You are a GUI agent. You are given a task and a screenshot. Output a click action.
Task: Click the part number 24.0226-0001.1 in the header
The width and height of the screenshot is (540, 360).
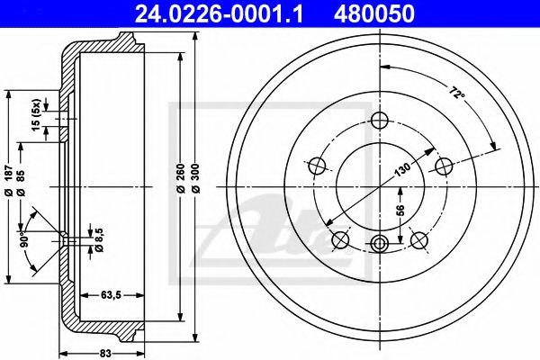(219, 14)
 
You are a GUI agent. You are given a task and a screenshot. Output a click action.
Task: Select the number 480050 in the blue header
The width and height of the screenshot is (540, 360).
(373, 14)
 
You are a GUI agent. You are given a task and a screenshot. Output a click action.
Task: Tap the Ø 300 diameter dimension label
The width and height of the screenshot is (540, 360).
(195, 178)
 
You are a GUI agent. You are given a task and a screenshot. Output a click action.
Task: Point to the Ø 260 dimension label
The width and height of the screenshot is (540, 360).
(181, 178)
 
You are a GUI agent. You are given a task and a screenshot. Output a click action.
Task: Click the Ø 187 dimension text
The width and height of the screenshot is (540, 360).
(9, 181)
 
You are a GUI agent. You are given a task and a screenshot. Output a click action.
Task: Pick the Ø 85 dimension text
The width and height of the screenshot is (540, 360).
(21, 184)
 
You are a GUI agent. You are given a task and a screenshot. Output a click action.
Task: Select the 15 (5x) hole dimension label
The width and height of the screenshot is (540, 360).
(37, 115)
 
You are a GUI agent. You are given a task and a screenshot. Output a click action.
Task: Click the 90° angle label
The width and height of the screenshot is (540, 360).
(24, 239)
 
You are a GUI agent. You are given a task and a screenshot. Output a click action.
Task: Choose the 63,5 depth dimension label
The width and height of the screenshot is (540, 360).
(111, 295)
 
